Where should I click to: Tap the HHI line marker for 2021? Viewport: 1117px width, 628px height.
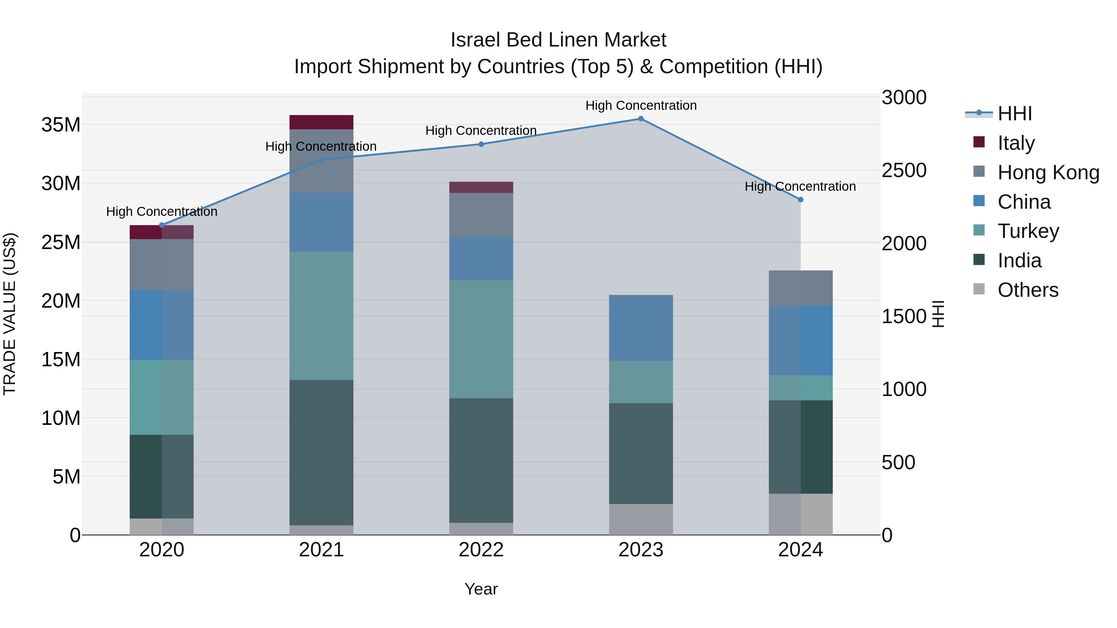click(x=321, y=160)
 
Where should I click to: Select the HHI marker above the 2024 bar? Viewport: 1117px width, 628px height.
click(x=801, y=200)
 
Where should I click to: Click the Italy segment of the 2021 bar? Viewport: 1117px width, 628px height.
click(x=321, y=122)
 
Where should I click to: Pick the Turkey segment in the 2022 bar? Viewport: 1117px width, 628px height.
click(x=481, y=339)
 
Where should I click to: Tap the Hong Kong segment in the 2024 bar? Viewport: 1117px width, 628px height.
click(x=801, y=288)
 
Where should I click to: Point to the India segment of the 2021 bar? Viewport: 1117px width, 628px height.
click(x=321, y=452)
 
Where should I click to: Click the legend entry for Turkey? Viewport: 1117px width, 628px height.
click(x=1028, y=231)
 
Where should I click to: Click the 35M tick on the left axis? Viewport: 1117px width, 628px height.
click(x=61, y=125)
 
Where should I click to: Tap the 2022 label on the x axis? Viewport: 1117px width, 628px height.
click(x=481, y=550)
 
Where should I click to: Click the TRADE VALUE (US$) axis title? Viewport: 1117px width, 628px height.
click(x=10, y=314)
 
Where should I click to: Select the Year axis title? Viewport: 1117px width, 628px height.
click(x=481, y=589)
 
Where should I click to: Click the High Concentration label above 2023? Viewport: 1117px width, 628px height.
click(x=641, y=105)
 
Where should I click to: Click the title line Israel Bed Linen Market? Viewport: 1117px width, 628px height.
click(x=558, y=40)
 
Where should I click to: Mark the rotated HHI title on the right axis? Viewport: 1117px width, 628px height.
click(x=938, y=314)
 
